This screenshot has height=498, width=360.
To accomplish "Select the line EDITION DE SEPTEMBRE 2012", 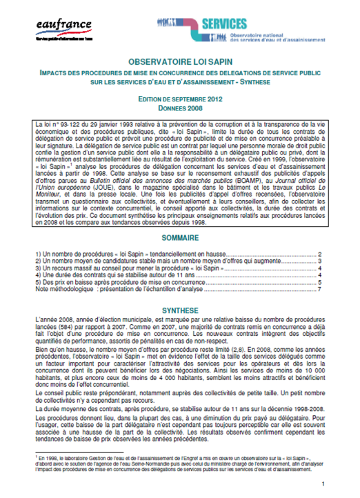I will [x=180, y=99].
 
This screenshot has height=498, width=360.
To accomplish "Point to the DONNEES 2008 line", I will [x=180, y=108].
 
